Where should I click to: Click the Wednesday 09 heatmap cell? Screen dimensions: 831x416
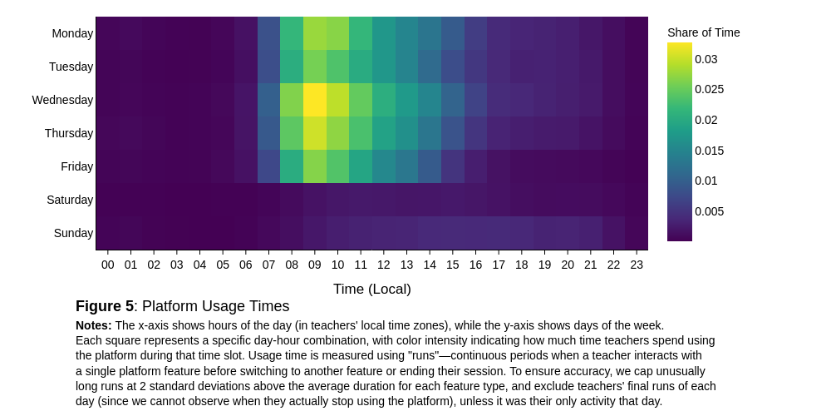click(315, 100)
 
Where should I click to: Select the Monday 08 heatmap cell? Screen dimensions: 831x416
click(292, 33)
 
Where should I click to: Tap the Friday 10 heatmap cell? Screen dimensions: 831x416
click(338, 166)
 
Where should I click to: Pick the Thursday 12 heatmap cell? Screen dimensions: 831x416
click(384, 133)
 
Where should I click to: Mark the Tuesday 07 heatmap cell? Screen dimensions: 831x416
click(268, 67)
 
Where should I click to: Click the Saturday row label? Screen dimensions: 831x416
click(70, 200)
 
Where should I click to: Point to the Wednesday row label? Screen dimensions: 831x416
click(62, 100)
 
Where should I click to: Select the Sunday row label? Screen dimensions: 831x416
click(74, 233)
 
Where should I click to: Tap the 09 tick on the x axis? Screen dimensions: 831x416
click(315, 265)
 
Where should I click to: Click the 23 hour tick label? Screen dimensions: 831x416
click(637, 265)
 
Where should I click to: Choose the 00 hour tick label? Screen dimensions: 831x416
click(107, 265)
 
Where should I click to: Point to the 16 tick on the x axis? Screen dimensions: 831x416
click(475, 265)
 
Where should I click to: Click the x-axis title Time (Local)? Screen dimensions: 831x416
click(372, 290)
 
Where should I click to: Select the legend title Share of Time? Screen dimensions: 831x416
click(703, 33)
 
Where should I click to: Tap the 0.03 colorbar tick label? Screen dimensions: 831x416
click(706, 59)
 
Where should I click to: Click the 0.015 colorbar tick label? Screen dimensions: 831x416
click(710, 151)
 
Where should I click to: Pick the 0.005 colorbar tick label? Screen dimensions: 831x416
click(710, 211)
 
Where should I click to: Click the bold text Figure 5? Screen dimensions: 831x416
click(105, 306)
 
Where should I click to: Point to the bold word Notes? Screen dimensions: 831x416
click(94, 325)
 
